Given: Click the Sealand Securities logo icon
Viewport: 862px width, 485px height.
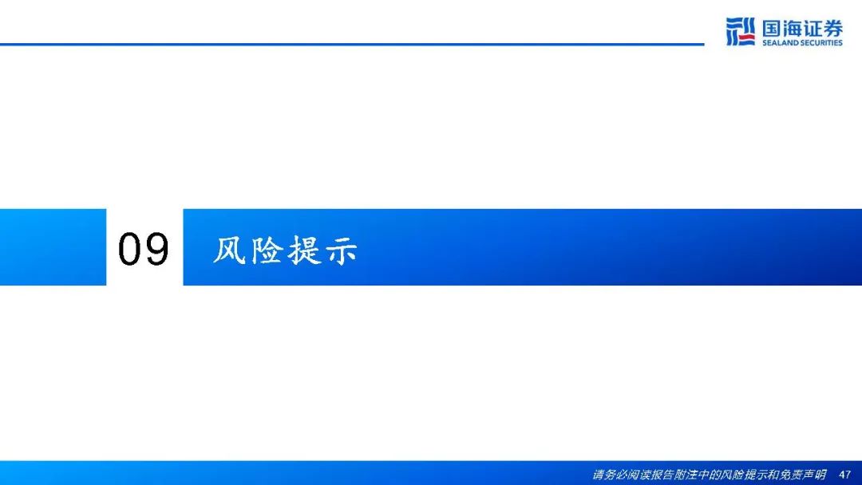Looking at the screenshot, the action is [x=740, y=31].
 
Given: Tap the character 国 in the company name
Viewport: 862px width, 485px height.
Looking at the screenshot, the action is [x=771, y=28].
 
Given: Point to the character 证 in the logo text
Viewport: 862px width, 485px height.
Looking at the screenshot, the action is [x=813, y=28].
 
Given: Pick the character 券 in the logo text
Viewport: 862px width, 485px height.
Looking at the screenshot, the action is [x=832, y=28].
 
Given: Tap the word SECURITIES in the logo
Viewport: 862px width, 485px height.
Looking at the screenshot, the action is [x=820, y=43].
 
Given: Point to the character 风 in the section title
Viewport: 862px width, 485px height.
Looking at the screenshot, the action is [x=229, y=250].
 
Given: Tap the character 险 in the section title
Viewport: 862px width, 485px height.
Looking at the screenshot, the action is [x=267, y=250].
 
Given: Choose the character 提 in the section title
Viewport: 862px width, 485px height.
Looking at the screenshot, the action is [x=304, y=250].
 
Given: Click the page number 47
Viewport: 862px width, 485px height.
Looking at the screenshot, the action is [x=844, y=475].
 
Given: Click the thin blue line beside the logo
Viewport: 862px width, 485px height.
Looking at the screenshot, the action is [x=352, y=44].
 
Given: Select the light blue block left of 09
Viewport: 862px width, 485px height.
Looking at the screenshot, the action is [x=53, y=247].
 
